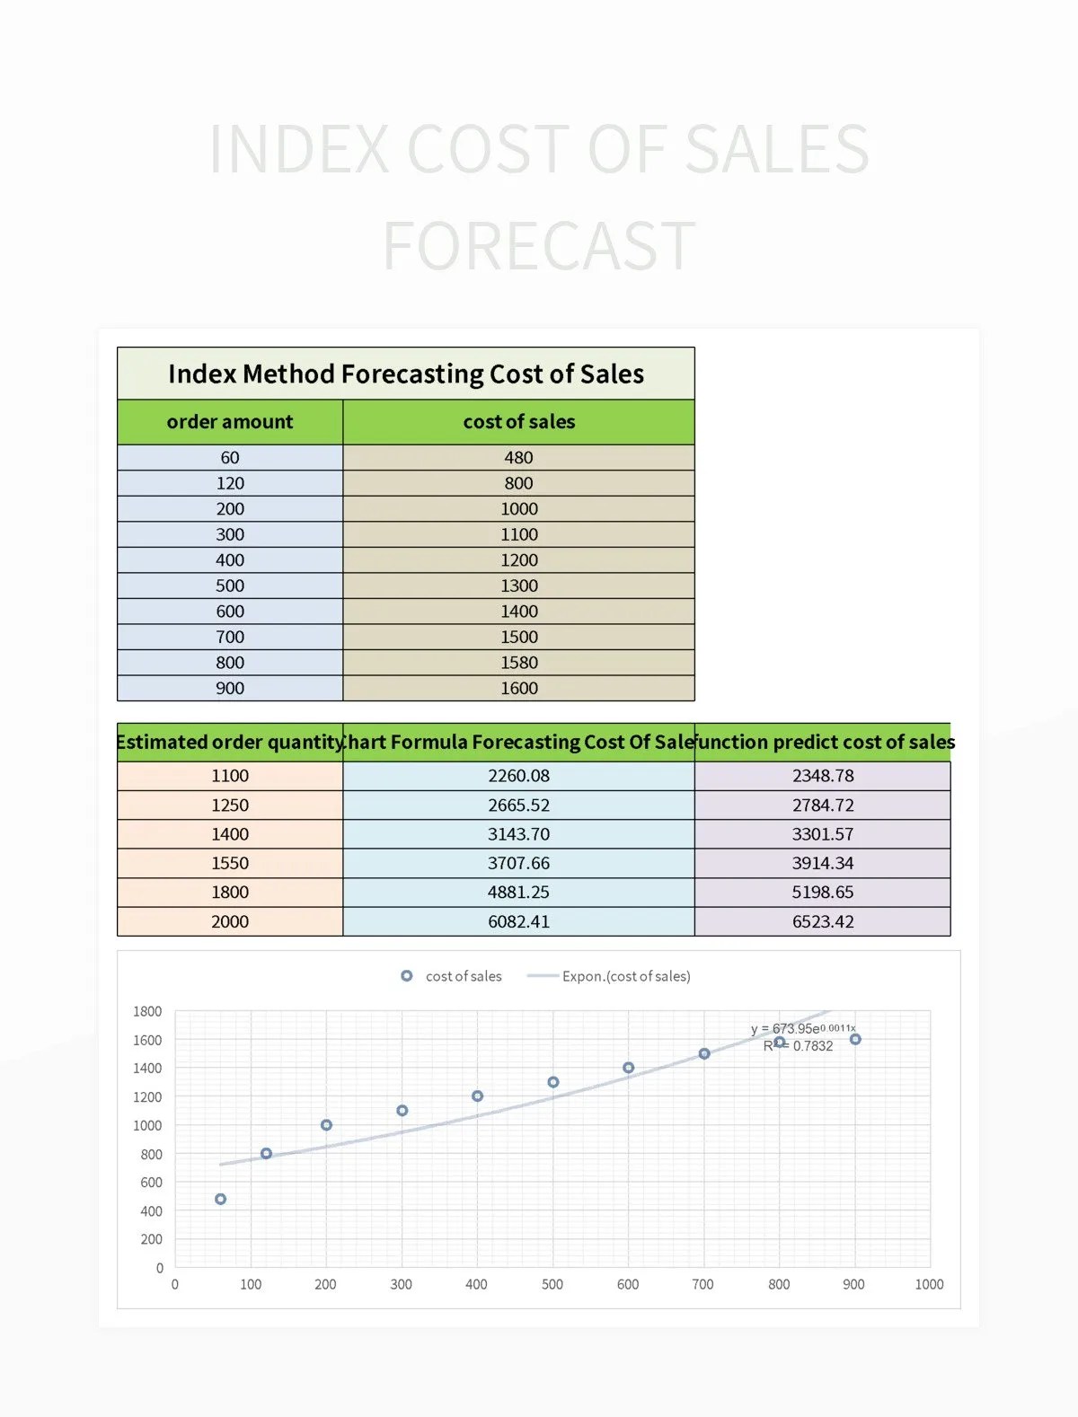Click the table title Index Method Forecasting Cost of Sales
pos(405,374)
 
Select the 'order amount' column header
pos(230,422)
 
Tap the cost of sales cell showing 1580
pos(518,663)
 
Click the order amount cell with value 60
pos(230,458)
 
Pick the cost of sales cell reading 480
pos(518,458)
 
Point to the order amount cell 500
pos(230,585)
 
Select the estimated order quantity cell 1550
pos(230,863)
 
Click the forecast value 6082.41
pos(518,921)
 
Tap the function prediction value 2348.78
pos(823,776)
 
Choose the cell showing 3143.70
pos(518,834)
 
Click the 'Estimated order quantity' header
pos(230,743)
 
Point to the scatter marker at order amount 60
pos(221,1200)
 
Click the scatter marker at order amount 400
pos(477,1096)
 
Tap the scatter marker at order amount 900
pos(855,1039)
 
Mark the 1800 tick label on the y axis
pos(147,1011)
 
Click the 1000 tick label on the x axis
pos(929,1285)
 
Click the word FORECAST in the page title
pos(539,246)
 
